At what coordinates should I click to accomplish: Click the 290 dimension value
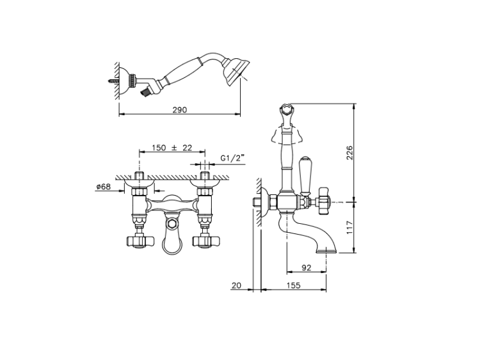(x=180, y=110)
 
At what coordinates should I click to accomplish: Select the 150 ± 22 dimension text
(x=172, y=148)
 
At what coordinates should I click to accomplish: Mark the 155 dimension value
(x=295, y=286)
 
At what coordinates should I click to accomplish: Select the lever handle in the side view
(x=306, y=175)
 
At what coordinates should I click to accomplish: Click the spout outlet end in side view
(x=328, y=247)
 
